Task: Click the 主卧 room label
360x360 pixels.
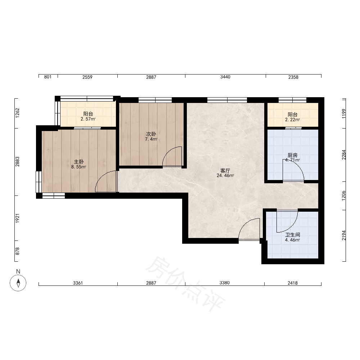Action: pyautogui.click(x=78, y=162)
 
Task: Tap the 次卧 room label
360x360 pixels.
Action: pyautogui.click(x=151, y=134)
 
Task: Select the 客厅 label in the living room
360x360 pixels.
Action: pyautogui.click(x=225, y=171)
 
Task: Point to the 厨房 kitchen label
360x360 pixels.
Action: pyautogui.click(x=292, y=156)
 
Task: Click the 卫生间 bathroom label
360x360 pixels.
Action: pyautogui.click(x=292, y=235)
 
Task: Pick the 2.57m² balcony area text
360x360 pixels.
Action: pyautogui.click(x=88, y=119)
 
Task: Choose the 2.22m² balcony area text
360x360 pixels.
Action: pyautogui.click(x=292, y=120)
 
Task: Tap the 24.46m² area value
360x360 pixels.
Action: pyautogui.click(x=225, y=176)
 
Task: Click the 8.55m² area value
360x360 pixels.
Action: pyautogui.click(x=78, y=167)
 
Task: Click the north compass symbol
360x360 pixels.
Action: pyautogui.click(x=18, y=283)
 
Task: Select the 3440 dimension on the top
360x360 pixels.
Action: pyautogui.click(x=225, y=77)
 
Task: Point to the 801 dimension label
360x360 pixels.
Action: pyautogui.click(x=48, y=77)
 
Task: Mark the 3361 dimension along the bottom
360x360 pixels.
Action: pyautogui.click(x=78, y=283)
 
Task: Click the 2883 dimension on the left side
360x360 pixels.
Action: pyautogui.click(x=17, y=162)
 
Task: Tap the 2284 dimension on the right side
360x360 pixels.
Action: pyautogui.click(x=344, y=155)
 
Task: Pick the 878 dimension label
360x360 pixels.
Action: pyautogui.click(x=17, y=251)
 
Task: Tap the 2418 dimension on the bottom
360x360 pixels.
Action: pyautogui.click(x=293, y=283)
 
